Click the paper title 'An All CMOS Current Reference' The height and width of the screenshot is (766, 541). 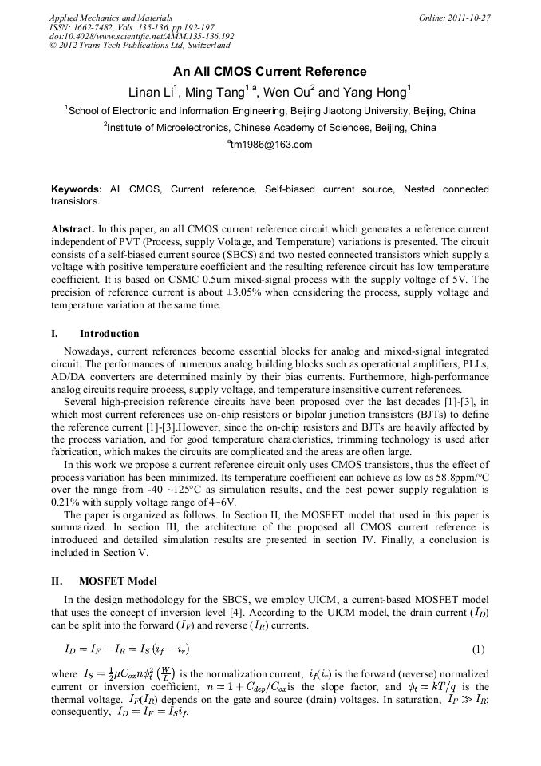270,72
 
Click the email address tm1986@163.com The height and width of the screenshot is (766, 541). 270,145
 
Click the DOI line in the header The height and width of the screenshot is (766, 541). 141,37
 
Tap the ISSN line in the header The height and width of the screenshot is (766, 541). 132,27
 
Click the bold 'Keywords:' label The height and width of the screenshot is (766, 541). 77,189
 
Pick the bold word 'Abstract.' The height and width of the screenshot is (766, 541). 73,228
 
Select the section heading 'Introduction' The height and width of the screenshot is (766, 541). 109,334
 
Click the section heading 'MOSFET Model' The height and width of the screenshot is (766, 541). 118,581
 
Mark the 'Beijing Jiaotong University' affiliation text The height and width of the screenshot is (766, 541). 349,111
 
